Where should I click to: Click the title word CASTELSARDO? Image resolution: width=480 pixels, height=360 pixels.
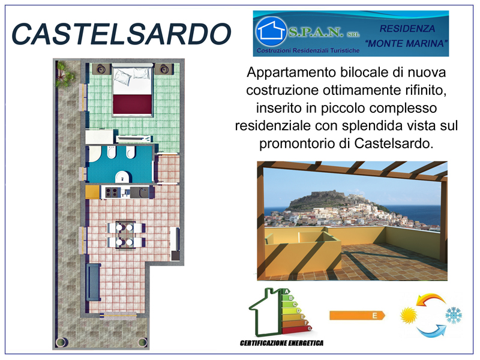click(x=121, y=34)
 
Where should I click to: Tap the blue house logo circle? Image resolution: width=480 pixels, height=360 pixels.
click(x=271, y=31)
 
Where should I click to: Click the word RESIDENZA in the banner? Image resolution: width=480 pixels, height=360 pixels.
click(x=407, y=28)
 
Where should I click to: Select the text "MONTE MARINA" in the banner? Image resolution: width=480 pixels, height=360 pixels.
click(x=407, y=43)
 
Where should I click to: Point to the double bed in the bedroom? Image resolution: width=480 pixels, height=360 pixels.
click(x=132, y=90)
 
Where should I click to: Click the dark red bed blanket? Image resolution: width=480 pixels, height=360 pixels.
click(x=132, y=104)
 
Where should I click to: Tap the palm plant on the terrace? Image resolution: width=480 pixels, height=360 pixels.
click(x=64, y=74)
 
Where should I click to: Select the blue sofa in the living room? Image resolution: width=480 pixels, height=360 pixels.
click(x=94, y=282)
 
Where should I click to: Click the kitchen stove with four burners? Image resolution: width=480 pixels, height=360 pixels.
click(x=112, y=192)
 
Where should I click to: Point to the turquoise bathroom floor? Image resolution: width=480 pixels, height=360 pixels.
click(x=119, y=164)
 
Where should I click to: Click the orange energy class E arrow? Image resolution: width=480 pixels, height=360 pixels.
click(x=357, y=316)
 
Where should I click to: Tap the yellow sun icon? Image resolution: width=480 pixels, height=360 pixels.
click(x=409, y=316)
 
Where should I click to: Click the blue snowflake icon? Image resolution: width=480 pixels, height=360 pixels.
click(x=454, y=316)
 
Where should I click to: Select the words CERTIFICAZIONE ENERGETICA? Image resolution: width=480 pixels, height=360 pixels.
click(x=281, y=343)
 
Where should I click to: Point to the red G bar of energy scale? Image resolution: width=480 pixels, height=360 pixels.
click(x=296, y=329)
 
